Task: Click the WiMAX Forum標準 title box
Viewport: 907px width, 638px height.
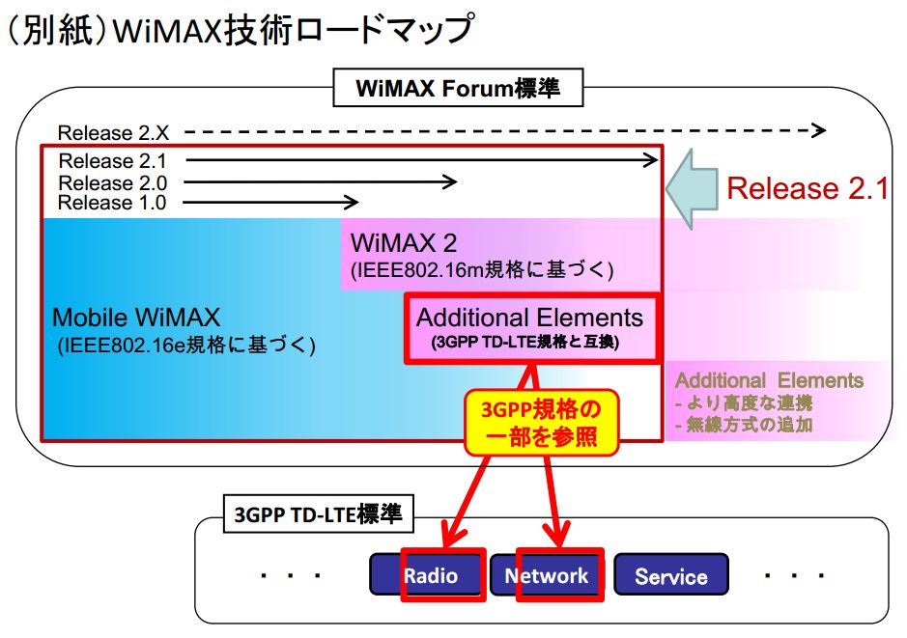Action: pyautogui.click(x=458, y=88)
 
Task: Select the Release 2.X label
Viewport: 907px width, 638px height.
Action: pyautogui.click(x=113, y=133)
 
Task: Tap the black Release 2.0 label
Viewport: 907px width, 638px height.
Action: pyautogui.click(x=113, y=182)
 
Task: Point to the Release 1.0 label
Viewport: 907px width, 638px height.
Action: pyautogui.click(x=112, y=203)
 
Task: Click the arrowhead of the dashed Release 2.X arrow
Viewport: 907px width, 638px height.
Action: pyautogui.click(x=818, y=130)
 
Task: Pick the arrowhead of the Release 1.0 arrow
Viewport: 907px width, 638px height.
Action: pyautogui.click(x=352, y=203)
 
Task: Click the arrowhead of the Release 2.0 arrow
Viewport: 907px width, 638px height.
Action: pyautogui.click(x=449, y=182)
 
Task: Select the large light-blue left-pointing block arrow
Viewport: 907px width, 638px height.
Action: pyautogui.click(x=692, y=189)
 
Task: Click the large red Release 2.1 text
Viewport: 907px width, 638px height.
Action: pyautogui.click(x=808, y=188)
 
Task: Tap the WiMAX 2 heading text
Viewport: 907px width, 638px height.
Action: pyautogui.click(x=403, y=242)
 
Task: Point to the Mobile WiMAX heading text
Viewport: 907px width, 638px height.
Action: pyautogui.click(x=136, y=318)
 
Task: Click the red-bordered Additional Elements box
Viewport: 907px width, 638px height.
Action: pyautogui.click(x=531, y=328)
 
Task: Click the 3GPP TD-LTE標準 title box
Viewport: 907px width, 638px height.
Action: pyautogui.click(x=318, y=513)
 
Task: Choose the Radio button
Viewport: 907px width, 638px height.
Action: pyautogui.click(x=428, y=574)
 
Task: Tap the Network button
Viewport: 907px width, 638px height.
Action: pyautogui.click(x=547, y=574)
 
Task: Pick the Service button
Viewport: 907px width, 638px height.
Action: pyautogui.click(x=671, y=574)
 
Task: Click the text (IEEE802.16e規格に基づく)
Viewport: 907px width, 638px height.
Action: pyautogui.click(x=186, y=345)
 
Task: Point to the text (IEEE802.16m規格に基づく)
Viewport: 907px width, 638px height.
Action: pyautogui.click(x=482, y=270)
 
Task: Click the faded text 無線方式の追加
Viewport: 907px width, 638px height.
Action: pyautogui.click(x=744, y=426)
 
